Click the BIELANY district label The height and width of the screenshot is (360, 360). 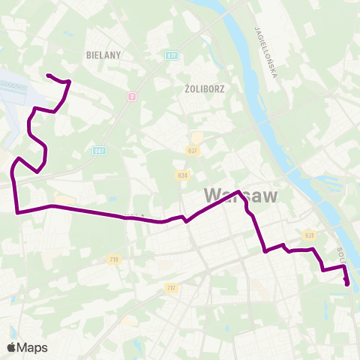coord(103,55)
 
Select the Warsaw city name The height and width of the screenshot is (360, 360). coord(241,196)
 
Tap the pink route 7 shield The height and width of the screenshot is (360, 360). coord(131,96)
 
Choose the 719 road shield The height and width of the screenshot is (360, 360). coord(113,259)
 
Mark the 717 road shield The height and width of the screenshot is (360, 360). coord(171,288)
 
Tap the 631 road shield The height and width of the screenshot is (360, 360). coord(308,235)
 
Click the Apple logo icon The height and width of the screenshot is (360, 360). coord(12,347)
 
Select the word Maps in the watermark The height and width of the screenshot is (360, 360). coord(32,347)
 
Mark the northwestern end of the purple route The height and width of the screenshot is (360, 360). coord(48,75)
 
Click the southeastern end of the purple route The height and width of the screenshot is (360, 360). coord(346,283)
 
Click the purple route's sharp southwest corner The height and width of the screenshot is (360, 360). coord(17,212)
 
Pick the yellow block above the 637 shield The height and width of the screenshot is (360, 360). coord(196,138)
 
